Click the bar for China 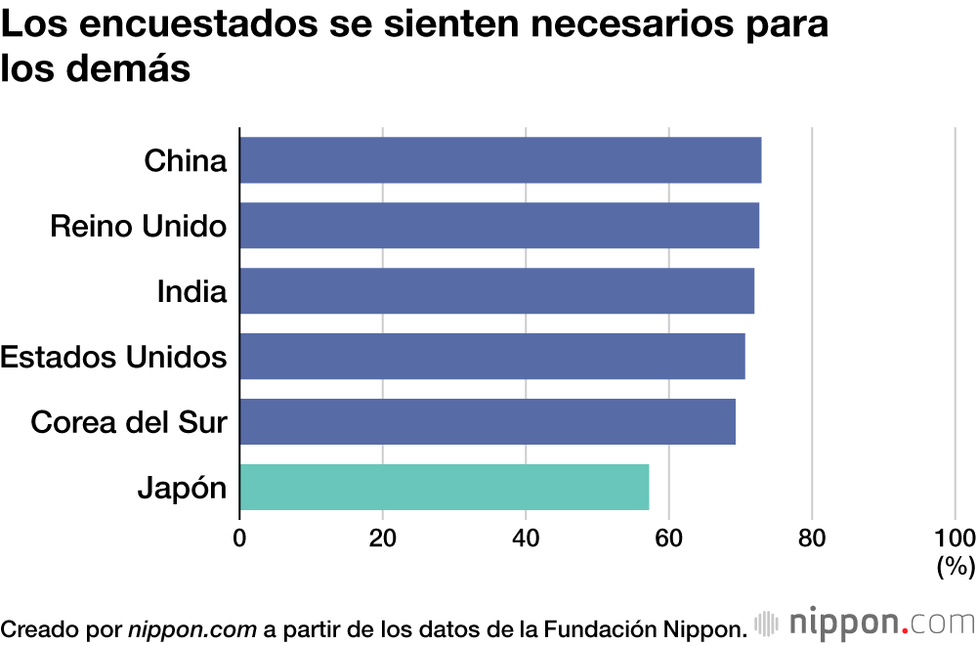pos(500,160)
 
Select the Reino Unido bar pos(499,226)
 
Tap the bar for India pos(496,291)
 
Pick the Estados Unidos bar pos(492,357)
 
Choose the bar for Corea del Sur pos(488,422)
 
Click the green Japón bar pos(445,488)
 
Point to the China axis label pos(186,161)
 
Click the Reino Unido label pos(139,227)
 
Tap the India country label pos(192,292)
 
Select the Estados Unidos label pos(113,358)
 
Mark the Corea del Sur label pos(129,423)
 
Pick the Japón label pos(183,489)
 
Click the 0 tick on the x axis pos(239,537)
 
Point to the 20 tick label pos(382,537)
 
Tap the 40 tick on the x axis pos(526,537)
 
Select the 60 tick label pos(669,537)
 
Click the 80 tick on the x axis pos(812,537)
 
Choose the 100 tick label pos(955,537)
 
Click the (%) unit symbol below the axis pos(956,567)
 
